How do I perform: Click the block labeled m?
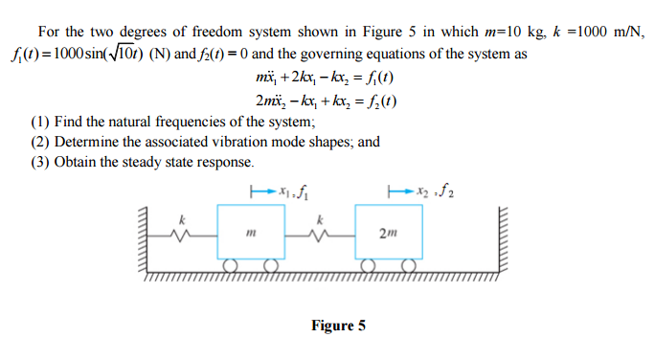(x=251, y=229)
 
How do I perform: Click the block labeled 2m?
(x=388, y=230)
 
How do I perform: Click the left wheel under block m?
(x=231, y=264)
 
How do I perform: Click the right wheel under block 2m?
(x=409, y=264)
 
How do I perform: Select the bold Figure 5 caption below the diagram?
(x=338, y=326)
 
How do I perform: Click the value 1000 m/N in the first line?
(x=610, y=34)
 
